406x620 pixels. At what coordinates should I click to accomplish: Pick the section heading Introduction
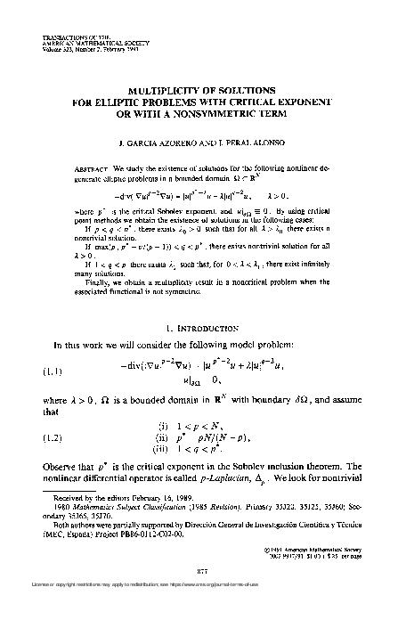pos(210,329)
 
